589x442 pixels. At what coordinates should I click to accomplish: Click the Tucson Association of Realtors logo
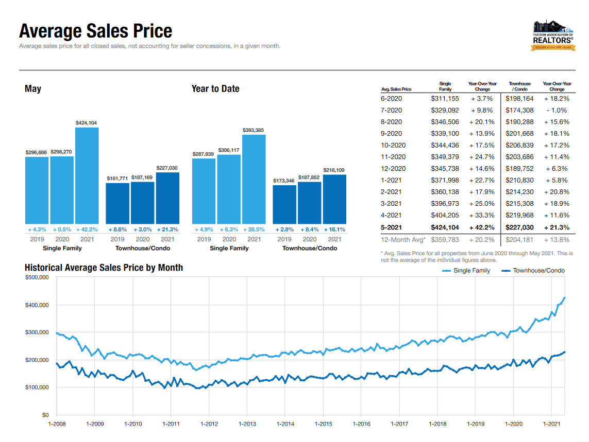552,36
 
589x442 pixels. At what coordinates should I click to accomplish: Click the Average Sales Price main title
95,31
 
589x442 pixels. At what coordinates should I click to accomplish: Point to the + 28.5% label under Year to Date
254,229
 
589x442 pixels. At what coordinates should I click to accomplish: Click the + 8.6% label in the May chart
117,229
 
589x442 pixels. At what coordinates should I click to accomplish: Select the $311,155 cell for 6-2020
445,98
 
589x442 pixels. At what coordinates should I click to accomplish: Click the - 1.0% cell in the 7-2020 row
557,110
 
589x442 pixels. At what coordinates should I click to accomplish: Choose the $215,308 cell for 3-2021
519,204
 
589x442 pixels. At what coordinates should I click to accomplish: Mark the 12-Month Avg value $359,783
445,239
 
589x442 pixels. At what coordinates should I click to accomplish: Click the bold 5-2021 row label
392,227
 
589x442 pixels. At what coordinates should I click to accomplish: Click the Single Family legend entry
466,271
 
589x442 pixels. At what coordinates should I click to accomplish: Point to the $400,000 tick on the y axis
37,305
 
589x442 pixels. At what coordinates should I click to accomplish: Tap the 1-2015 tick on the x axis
323,424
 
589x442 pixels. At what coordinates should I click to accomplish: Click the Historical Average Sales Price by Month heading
104,268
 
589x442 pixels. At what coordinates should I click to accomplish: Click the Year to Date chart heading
215,89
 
